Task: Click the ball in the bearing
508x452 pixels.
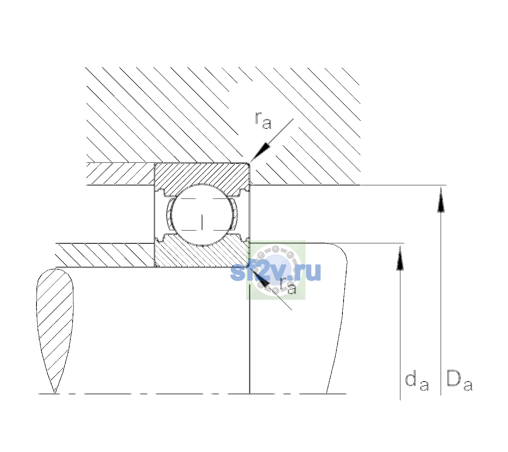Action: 202,215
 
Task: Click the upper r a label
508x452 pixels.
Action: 263,121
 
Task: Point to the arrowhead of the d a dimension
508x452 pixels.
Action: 400,258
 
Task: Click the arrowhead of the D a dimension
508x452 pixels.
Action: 441,200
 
